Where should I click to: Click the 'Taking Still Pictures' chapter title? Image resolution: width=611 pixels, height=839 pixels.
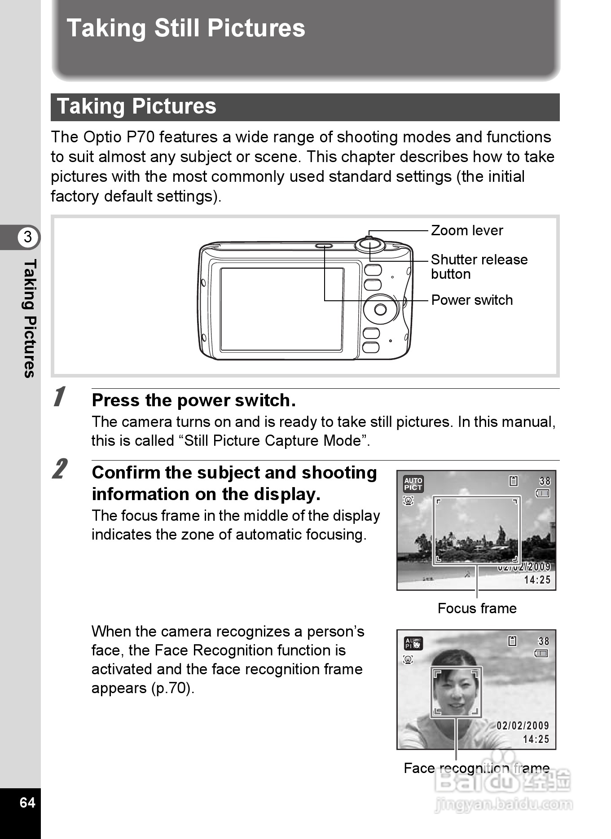click(x=186, y=28)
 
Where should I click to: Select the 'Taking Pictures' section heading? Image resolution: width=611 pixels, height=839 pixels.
click(x=136, y=107)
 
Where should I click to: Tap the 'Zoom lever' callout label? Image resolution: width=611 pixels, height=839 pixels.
click(x=466, y=230)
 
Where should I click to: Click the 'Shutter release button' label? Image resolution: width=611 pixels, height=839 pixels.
click(x=479, y=267)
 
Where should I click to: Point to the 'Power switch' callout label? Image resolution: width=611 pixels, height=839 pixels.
click(x=471, y=300)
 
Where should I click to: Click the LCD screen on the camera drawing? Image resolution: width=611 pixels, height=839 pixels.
click(x=282, y=309)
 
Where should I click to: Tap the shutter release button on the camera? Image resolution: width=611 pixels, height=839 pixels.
click(x=370, y=245)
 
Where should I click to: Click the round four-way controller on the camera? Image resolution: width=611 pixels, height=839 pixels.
click(x=380, y=309)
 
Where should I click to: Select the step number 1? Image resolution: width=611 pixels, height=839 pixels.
click(x=59, y=397)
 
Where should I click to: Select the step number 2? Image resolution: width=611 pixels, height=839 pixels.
click(x=60, y=469)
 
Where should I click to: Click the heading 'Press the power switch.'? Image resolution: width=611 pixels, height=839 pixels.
click(x=193, y=400)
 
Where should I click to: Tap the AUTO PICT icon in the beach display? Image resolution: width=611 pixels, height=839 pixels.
click(x=413, y=484)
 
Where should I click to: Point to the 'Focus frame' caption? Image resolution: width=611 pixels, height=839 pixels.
click(x=477, y=608)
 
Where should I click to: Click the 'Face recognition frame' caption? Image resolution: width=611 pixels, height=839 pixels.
click(x=476, y=768)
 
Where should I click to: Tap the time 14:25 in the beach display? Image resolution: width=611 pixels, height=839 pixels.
click(x=537, y=580)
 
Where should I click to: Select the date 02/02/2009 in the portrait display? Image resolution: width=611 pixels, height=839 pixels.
click(x=523, y=725)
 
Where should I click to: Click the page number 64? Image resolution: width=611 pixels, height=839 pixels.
click(x=27, y=802)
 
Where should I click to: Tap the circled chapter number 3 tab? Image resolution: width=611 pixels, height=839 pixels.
click(x=28, y=237)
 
